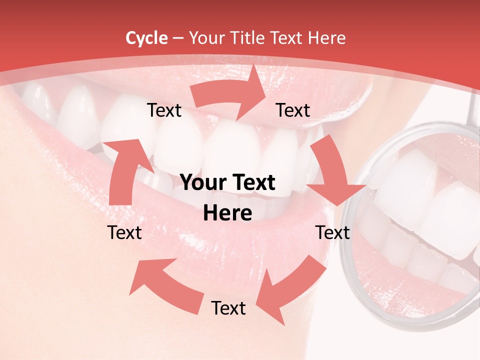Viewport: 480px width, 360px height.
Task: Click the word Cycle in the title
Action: pyautogui.click(x=146, y=38)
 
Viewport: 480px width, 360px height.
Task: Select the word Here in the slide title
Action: pyautogui.click(x=327, y=38)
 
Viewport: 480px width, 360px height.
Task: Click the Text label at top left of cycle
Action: pyautogui.click(x=164, y=110)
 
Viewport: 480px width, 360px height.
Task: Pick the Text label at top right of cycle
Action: pyautogui.click(x=293, y=110)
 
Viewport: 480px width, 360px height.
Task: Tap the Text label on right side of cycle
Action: pyautogui.click(x=332, y=232)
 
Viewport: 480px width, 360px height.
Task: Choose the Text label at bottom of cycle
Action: pyautogui.click(x=228, y=308)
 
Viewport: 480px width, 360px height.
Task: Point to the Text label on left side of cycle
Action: pyautogui.click(x=124, y=232)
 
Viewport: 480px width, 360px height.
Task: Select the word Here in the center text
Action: pyautogui.click(x=227, y=213)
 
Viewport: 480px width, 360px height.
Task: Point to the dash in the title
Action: pyautogui.click(x=178, y=38)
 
